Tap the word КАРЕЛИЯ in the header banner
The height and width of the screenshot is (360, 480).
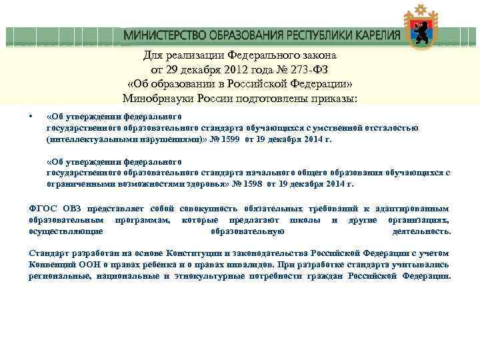(x=372, y=35)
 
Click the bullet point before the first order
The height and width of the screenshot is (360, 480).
(x=32, y=115)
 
